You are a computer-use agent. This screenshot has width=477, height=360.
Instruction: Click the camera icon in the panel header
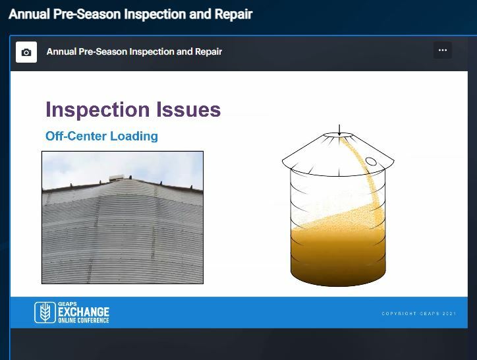26,52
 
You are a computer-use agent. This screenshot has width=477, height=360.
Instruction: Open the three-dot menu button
442,50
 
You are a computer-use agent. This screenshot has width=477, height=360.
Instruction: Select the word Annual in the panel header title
61,51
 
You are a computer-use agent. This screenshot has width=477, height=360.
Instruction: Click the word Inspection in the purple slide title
97,109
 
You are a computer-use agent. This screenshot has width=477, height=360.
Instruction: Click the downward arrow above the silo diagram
339,129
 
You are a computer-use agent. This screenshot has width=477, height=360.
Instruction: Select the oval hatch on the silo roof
372,161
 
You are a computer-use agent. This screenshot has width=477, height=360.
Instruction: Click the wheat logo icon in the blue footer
45,313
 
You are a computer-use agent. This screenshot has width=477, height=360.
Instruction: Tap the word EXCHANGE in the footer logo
84,312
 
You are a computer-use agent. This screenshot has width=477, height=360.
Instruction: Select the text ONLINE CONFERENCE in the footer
84,320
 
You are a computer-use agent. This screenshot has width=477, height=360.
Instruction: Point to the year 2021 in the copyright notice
449,313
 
